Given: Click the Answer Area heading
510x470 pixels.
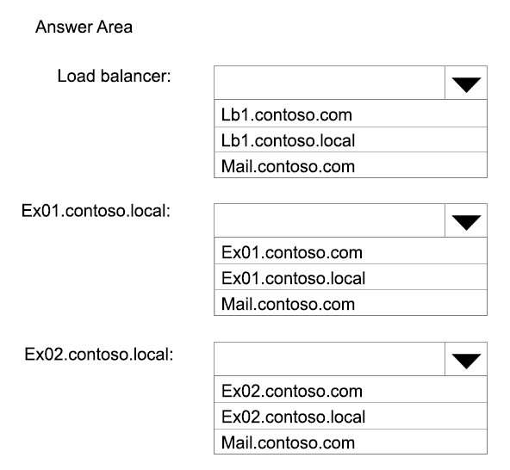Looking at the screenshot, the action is pyautogui.click(x=84, y=27).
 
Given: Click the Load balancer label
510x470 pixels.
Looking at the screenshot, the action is pyautogui.click(x=114, y=76).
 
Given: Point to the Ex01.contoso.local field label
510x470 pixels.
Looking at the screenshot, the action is pyautogui.click(x=96, y=211).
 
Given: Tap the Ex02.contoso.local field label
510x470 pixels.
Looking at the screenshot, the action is pyautogui.click(x=99, y=354).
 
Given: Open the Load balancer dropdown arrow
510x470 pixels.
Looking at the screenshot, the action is pyautogui.click(x=466, y=83).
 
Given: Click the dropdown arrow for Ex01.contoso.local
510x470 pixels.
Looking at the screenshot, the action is pyautogui.click(x=466, y=221).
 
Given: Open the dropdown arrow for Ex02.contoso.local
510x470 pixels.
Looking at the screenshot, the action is pyautogui.click(x=466, y=360).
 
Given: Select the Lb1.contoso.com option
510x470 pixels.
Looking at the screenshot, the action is pyautogui.click(x=287, y=114).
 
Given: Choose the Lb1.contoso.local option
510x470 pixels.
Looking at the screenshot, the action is pyautogui.click(x=288, y=140).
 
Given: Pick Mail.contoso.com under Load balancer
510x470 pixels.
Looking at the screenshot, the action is pyautogui.click(x=288, y=166).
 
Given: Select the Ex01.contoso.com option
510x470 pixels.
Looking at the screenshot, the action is pyautogui.click(x=292, y=252).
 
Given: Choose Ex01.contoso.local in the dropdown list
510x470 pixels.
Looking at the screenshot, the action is pyautogui.click(x=293, y=278).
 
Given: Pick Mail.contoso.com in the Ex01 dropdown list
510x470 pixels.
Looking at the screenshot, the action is pyautogui.click(x=288, y=304).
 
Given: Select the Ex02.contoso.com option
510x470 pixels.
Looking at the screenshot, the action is pyautogui.click(x=292, y=391).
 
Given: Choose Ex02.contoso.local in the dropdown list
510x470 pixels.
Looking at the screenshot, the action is pyautogui.click(x=293, y=417).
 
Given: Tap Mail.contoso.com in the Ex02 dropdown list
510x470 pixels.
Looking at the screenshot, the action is pyautogui.click(x=288, y=442).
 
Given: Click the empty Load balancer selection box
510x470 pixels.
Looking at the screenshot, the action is pyautogui.click(x=329, y=83).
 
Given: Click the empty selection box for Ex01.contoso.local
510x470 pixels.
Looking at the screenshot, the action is pyautogui.click(x=329, y=220).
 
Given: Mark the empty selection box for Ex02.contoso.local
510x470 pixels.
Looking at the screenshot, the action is pyautogui.click(x=329, y=359).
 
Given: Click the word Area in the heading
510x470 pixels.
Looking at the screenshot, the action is pyautogui.click(x=115, y=27).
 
